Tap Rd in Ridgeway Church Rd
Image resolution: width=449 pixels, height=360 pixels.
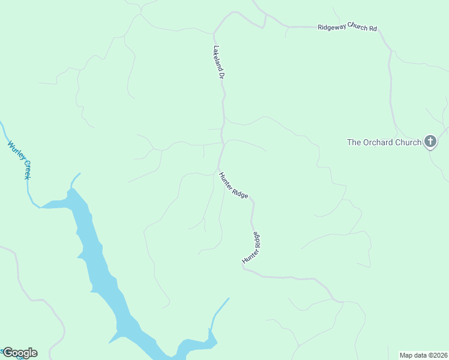coord(373,28)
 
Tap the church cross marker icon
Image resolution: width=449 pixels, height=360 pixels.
coord(430,142)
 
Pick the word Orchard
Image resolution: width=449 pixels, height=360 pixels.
coord(378,142)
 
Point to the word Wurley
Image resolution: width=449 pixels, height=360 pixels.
coord(16,150)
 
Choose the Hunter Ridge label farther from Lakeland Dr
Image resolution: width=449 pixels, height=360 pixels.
coord(253,247)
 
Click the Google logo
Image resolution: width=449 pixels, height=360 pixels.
coord(19,353)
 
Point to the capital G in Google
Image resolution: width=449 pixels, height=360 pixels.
coord(7,353)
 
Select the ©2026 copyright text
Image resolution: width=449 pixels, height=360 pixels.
coord(438,355)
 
